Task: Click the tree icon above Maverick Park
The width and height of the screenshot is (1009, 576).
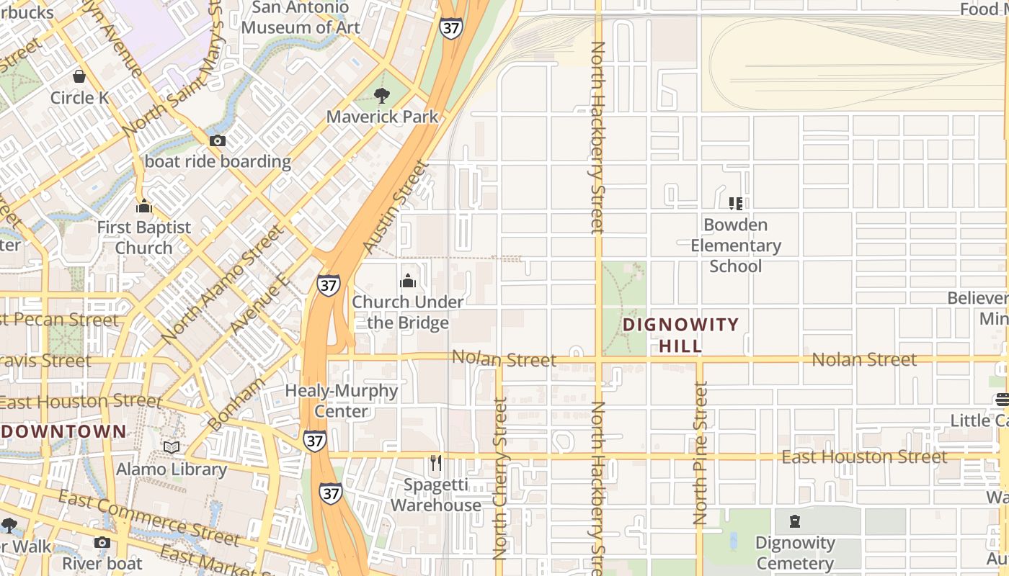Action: pos(382,95)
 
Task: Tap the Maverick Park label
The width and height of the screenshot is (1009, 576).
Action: pos(382,117)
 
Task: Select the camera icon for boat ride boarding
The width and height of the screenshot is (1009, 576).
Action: pos(217,140)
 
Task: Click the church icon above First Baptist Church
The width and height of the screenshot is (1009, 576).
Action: pos(144,207)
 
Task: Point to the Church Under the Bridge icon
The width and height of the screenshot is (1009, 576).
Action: pos(408,281)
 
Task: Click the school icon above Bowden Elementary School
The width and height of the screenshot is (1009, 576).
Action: pos(735,204)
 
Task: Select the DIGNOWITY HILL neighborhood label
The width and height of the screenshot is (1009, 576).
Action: pos(681,335)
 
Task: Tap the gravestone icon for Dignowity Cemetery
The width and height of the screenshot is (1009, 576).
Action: pos(795,521)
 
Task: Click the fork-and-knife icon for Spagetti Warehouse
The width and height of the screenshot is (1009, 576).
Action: pos(435,463)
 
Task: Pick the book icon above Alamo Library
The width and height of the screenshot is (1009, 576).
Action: pos(171,448)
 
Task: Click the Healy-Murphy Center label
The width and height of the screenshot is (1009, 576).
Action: pos(342,401)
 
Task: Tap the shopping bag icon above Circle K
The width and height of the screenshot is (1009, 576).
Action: pos(79,76)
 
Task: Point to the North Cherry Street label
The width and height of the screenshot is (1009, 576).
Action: pos(499,479)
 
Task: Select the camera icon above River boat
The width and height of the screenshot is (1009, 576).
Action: pos(102,542)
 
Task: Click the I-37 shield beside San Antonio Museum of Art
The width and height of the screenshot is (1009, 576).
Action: pos(450,29)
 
